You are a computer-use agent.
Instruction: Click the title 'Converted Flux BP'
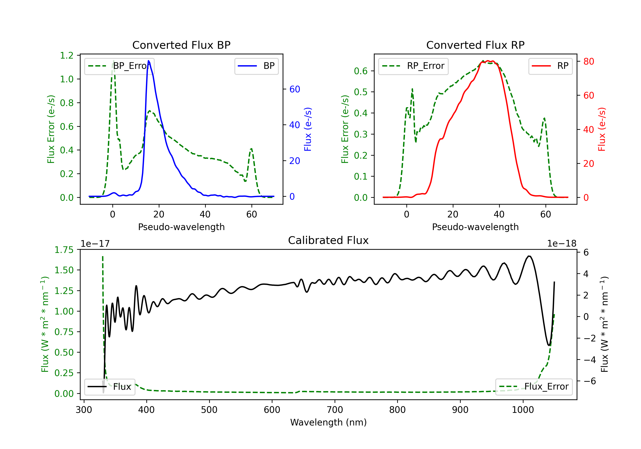coord(181,45)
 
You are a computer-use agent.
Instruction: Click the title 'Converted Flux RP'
coord(475,45)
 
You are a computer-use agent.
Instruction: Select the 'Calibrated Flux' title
coord(328,240)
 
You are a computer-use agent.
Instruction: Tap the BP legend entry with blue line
coord(256,66)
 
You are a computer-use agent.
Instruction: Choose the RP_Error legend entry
coord(413,66)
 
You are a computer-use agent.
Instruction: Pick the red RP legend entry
coord(550,66)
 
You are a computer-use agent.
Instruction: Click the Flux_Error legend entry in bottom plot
coord(534,387)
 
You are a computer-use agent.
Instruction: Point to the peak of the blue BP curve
coord(148,61)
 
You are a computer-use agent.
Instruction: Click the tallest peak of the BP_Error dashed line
coord(113,61)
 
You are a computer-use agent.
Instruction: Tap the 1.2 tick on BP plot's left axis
coord(67,55)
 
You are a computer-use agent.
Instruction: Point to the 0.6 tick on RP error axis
coord(361,71)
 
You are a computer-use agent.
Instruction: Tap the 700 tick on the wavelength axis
coord(335,410)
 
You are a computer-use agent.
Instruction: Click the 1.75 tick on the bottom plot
coord(64,250)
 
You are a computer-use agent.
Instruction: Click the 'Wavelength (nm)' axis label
coord(328,422)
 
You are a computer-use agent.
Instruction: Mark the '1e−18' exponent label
coord(562,244)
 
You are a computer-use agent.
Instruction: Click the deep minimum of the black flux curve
coord(549,345)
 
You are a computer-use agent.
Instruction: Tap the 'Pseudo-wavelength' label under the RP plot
coord(475,227)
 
